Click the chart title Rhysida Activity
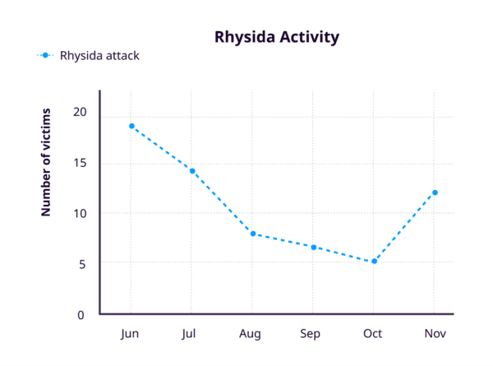pos(276,37)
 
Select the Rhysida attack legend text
pos(99,56)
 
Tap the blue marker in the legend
pos(46,56)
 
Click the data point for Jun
pos(131,126)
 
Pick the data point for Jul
pos(192,171)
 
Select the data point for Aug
pos(252,234)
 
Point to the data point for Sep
pos(313,247)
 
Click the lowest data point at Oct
pos(374,262)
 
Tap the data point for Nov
pos(435,192)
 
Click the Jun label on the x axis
pos(130,335)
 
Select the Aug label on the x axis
pos(251,335)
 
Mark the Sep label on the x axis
pos(311,335)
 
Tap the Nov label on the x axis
pos(435,335)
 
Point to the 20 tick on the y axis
pos(79,112)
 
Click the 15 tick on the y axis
pos(79,163)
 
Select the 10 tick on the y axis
pos(79,213)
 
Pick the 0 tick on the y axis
pos(81,314)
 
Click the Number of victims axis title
pos(47,161)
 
